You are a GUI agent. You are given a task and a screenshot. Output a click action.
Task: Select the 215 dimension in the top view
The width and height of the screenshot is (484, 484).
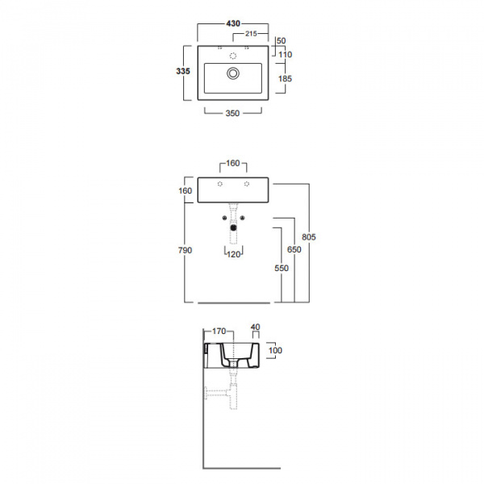click(x=250, y=34)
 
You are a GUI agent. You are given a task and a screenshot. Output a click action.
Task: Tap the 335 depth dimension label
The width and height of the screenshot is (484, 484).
click(x=183, y=72)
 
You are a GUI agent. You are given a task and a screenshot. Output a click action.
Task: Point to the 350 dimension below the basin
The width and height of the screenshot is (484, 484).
click(x=233, y=114)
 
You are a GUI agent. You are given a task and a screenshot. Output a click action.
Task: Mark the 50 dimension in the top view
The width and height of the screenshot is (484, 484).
click(x=281, y=40)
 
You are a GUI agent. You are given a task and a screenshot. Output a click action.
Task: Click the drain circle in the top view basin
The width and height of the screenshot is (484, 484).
click(x=233, y=73)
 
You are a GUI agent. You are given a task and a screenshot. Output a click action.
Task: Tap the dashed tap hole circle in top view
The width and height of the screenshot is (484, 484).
click(x=233, y=55)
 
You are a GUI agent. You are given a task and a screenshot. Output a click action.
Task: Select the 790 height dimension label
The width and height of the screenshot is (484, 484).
click(x=184, y=251)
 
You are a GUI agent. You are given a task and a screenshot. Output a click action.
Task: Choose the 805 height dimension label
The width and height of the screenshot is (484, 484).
click(x=307, y=237)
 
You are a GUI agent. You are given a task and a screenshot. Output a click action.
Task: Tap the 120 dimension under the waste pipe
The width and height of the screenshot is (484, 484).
click(x=233, y=254)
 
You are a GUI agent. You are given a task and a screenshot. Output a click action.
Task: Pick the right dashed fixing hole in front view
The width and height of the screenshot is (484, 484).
click(x=246, y=185)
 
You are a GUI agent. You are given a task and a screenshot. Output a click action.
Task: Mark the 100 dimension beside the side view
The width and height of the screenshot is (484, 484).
click(x=274, y=350)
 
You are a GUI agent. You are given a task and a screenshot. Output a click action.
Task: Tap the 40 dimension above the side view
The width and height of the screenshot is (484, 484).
click(x=256, y=327)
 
